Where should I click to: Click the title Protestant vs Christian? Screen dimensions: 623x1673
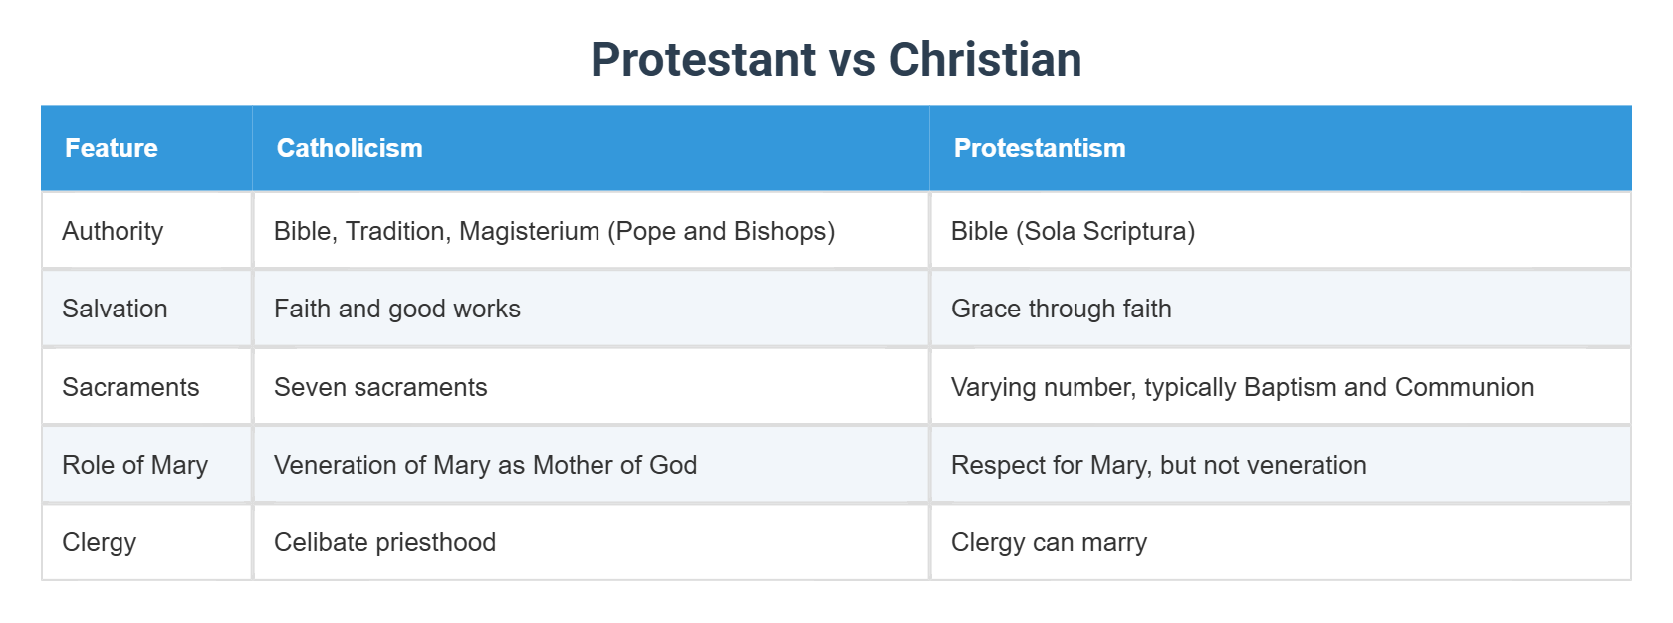(836, 60)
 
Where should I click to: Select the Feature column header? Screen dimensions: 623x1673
(112, 148)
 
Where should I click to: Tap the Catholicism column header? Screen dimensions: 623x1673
(350, 148)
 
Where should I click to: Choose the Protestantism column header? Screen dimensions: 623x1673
(1040, 148)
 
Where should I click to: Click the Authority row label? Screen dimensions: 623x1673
(113, 231)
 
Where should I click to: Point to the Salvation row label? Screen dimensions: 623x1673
(115, 309)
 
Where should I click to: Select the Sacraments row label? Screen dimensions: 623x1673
(130, 387)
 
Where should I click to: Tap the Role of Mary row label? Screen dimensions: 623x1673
(134, 465)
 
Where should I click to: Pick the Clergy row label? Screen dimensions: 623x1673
(99, 542)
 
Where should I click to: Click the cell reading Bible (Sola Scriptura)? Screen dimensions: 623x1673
(1073, 231)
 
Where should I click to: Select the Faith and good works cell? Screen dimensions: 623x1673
(396, 309)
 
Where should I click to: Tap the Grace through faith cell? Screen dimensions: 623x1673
(1061, 309)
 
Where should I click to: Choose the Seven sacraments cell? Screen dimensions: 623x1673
(380, 387)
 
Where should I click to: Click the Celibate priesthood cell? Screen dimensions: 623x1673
(384, 542)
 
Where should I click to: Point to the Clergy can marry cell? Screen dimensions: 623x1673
(1049, 542)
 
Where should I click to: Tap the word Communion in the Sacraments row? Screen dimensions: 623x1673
(1464, 387)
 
